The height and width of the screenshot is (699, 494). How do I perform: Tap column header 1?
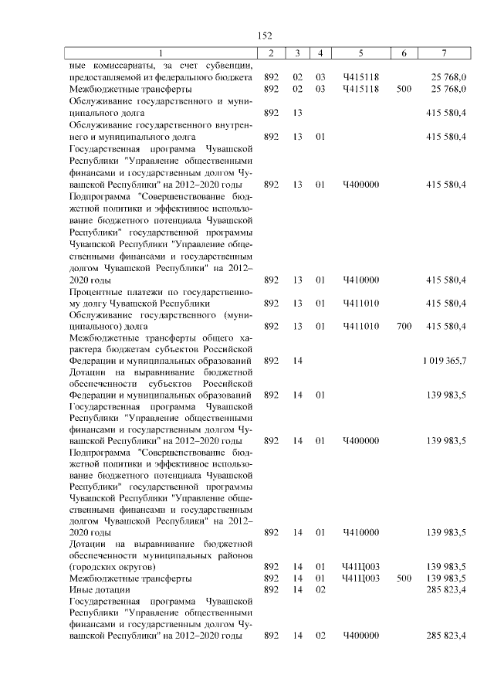click(161, 53)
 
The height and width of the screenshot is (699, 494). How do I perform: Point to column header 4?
click(320, 53)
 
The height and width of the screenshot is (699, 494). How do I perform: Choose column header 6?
click(404, 53)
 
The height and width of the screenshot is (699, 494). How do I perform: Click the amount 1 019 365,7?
click(444, 361)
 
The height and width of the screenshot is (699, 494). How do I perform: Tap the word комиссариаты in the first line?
click(123, 66)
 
